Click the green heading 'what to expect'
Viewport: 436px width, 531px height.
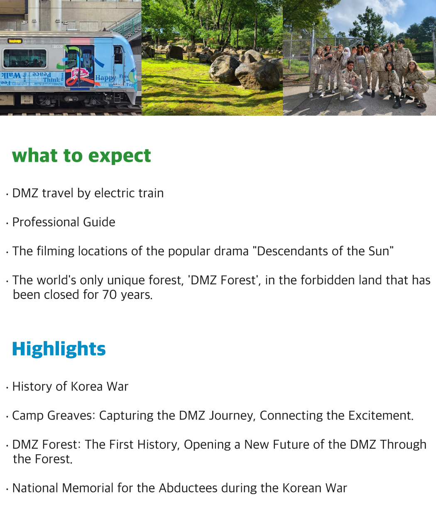point(81,156)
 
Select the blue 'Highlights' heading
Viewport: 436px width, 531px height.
point(59,349)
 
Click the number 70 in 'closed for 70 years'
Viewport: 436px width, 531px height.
point(109,295)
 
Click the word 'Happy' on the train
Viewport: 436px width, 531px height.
point(105,78)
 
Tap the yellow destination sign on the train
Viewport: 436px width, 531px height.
point(15,41)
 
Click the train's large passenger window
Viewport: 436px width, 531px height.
point(25,58)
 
